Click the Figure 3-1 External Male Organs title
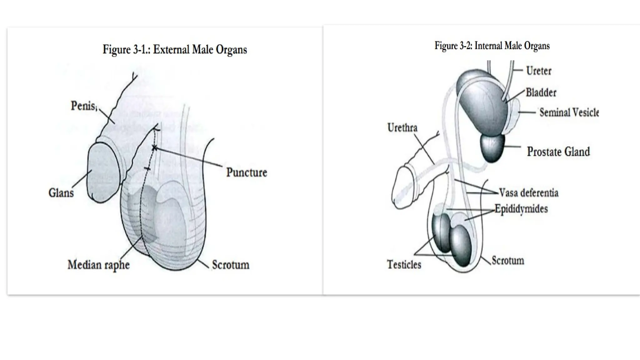(175, 50)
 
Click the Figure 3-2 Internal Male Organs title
(492, 46)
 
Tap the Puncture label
(247, 172)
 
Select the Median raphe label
(98, 265)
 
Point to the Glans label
(61, 192)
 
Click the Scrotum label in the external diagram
(231, 265)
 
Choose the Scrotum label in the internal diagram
(507, 260)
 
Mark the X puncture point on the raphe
(154, 147)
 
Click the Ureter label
(538, 71)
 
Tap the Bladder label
(541, 92)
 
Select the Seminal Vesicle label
(569, 112)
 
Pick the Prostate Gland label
(558, 152)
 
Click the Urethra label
(402, 127)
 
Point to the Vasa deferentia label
(528, 192)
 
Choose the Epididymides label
(521, 209)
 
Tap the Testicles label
(404, 264)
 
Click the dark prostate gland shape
(492, 148)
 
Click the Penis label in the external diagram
(83, 106)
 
